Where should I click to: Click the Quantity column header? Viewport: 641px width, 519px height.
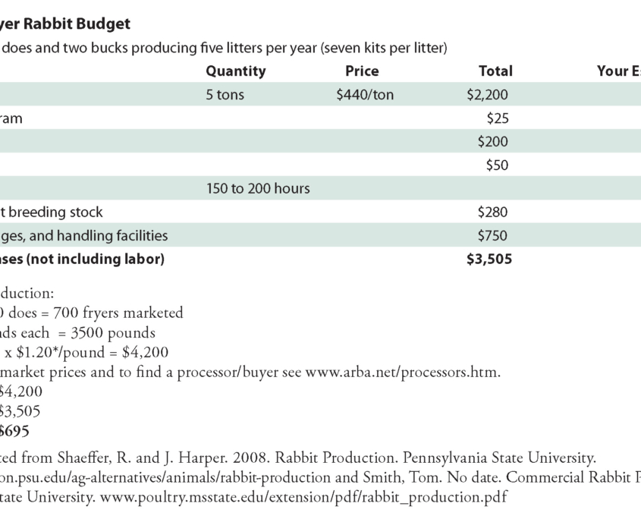(x=236, y=71)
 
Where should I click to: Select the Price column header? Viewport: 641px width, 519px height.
(x=362, y=71)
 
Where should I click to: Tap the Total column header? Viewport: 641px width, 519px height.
(x=495, y=71)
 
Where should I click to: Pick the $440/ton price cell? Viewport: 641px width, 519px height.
(x=365, y=95)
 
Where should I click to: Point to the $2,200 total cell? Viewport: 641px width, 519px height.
(x=487, y=95)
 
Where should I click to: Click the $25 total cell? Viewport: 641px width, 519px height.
(x=497, y=118)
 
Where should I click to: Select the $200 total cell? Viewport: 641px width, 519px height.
(x=493, y=142)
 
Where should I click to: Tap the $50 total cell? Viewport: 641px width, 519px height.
(x=497, y=165)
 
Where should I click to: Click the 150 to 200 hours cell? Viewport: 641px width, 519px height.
(x=258, y=188)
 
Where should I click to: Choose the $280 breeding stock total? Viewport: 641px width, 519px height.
(x=493, y=212)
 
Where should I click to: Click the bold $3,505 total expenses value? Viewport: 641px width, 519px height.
(x=489, y=259)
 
